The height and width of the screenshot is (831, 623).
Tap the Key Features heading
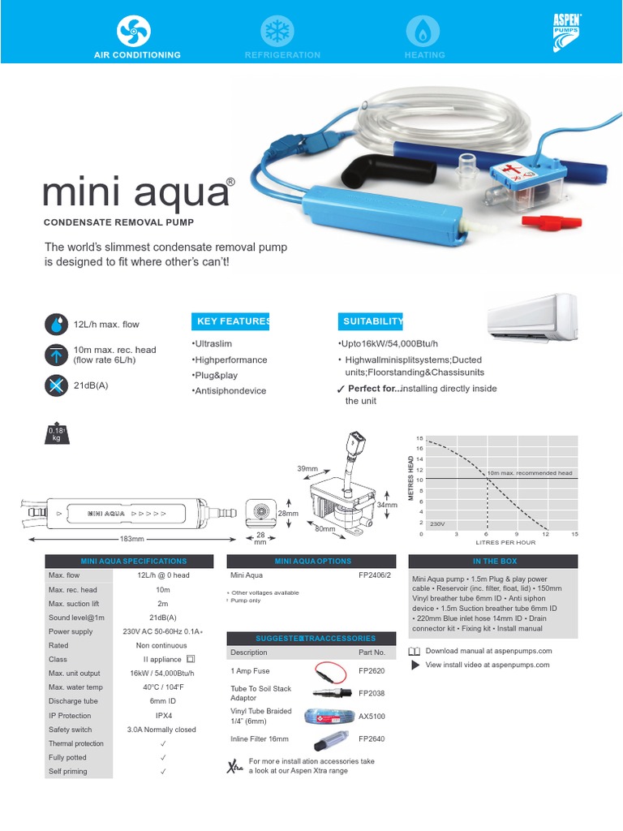(x=230, y=321)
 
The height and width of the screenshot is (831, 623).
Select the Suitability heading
(x=373, y=321)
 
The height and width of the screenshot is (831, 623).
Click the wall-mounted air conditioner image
(x=531, y=318)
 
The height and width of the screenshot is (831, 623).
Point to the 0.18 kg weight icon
(x=56, y=433)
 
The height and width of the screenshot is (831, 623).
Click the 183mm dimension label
(x=131, y=539)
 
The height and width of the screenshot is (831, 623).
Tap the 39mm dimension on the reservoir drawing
(x=307, y=469)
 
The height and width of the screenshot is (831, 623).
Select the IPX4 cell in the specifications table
(x=163, y=716)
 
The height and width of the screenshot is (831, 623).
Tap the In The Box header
(x=493, y=561)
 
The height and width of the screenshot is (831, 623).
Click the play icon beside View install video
(x=415, y=665)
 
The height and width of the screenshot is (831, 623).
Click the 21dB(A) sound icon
(x=56, y=386)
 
